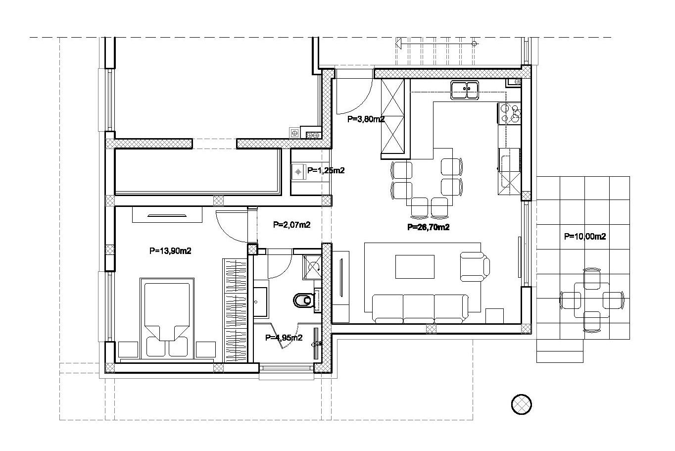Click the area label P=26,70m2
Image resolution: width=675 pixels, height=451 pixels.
click(x=428, y=227)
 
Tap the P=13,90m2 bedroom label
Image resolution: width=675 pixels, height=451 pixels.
click(x=170, y=251)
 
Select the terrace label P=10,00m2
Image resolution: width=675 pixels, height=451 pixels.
click(x=585, y=236)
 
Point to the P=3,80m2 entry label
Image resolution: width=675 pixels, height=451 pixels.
click(x=366, y=119)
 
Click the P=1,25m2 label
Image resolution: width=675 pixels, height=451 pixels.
click(x=326, y=171)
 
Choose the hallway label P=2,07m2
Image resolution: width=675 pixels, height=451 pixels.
click(x=291, y=225)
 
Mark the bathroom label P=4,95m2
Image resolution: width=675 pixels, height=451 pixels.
click(x=284, y=338)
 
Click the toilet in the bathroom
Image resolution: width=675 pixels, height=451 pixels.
click(x=303, y=300)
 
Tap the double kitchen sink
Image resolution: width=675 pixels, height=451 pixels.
click(x=465, y=90)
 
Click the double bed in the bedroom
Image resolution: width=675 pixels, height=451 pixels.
click(x=167, y=319)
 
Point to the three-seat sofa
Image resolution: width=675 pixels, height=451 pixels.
click(x=420, y=309)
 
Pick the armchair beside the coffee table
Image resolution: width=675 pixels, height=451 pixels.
click(x=474, y=267)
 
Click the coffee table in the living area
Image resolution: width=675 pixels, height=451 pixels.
click(x=415, y=267)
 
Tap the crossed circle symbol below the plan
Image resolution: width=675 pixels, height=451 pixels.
click(x=522, y=404)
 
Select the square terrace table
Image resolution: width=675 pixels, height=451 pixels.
click(x=592, y=300)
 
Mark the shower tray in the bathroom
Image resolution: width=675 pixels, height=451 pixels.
click(x=312, y=267)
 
